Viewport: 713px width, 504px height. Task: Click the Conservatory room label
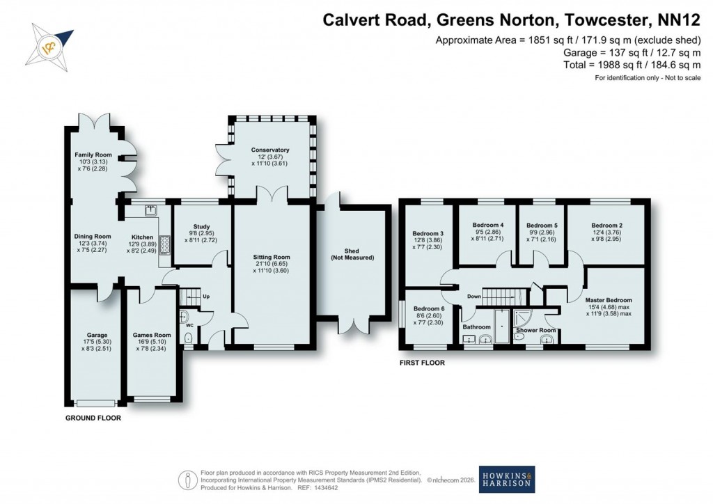[270, 150]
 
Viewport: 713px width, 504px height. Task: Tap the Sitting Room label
[271, 257]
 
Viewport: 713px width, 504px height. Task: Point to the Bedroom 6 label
[427, 309]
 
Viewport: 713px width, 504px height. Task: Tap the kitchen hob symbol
[165, 244]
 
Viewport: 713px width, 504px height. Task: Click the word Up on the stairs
[206, 296]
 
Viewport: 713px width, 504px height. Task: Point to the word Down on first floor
[473, 295]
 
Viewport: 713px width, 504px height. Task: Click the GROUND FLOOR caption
[93, 418]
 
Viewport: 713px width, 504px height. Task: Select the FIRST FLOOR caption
[421, 363]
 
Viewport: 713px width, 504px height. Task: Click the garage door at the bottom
[95, 402]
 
